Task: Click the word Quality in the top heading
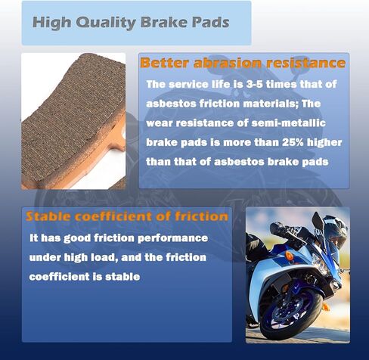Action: point(106,23)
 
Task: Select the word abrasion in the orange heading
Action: point(228,63)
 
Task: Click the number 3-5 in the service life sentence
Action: point(255,84)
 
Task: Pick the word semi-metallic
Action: point(288,123)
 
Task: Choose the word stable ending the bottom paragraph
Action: point(122,277)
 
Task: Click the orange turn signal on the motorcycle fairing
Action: point(288,256)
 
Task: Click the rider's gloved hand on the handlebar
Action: point(281,228)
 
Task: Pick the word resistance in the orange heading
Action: point(305,63)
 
